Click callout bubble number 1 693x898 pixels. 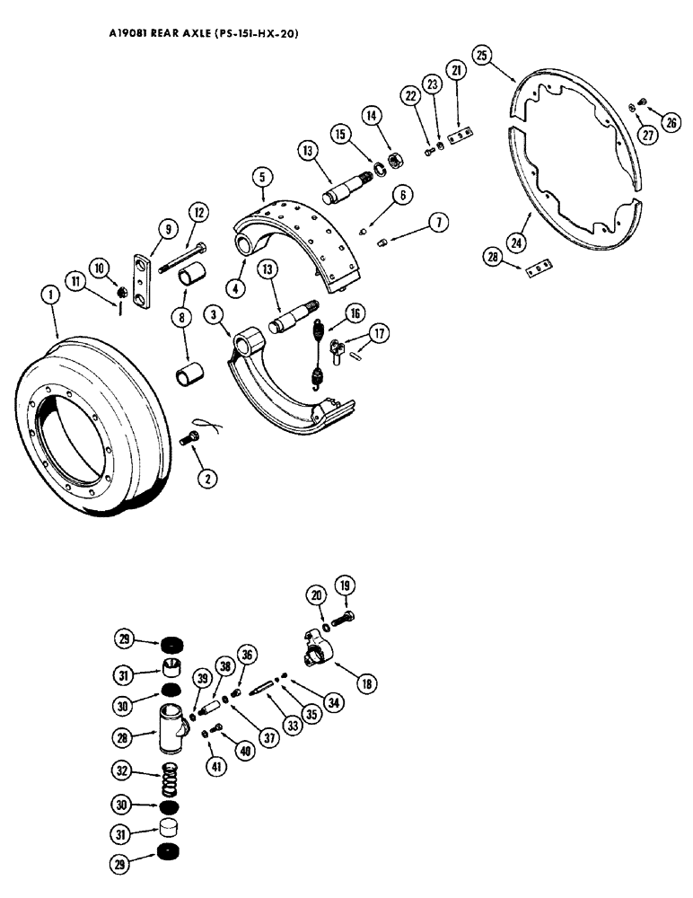point(50,295)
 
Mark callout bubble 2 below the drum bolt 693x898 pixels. point(206,480)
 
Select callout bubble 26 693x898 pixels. point(671,124)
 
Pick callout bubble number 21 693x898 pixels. point(457,71)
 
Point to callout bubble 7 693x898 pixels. point(436,222)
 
